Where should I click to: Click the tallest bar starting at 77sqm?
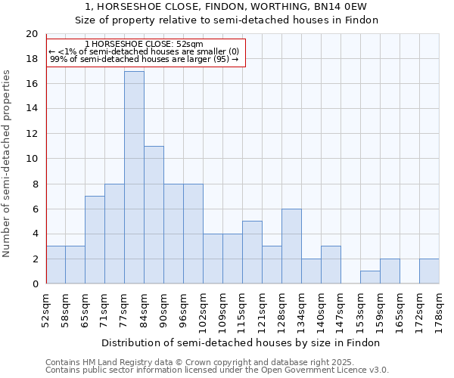[134, 178]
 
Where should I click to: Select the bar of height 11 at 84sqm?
[154, 215]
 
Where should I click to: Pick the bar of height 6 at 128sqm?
[291, 246]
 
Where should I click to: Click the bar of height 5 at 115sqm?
[252, 253]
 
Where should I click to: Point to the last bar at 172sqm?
[429, 271]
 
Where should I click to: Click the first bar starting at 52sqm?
[55, 265]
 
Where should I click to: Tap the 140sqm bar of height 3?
[331, 265]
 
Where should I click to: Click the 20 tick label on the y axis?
[31, 34]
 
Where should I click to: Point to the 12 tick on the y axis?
[31, 134]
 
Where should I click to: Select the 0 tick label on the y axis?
[34, 283]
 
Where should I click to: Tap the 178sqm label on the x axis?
[439, 308]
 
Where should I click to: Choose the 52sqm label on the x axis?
[46, 308]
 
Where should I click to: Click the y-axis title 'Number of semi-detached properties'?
[8, 163]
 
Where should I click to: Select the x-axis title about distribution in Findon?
[241, 342]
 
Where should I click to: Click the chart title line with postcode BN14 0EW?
[227, 7]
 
